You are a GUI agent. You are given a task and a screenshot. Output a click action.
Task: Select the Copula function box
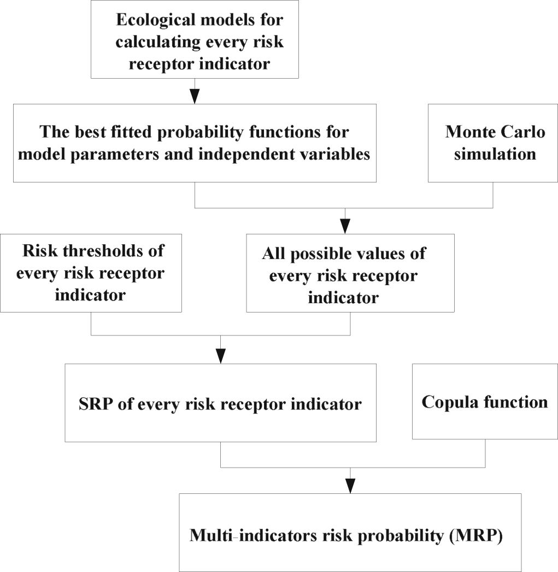click(484, 402)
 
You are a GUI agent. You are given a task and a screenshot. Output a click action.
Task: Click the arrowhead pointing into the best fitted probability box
click(195, 97)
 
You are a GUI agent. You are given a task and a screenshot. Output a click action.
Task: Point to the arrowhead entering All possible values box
click(345, 227)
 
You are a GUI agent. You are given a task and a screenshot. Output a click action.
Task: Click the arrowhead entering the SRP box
click(221, 356)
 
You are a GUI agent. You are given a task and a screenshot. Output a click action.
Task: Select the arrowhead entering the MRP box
click(350, 485)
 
